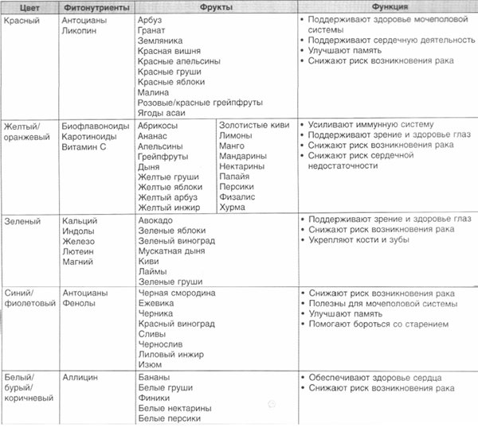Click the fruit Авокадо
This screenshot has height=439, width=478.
(156, 220)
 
